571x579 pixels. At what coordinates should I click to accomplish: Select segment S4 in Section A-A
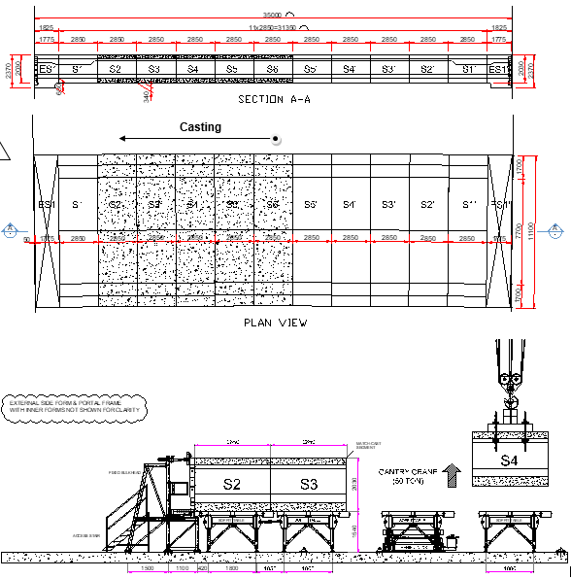tap(192, 69)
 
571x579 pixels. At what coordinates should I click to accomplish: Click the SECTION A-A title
tap(272, 99)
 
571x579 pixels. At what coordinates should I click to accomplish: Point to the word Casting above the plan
tap(200, 127)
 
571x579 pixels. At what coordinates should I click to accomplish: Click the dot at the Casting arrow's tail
tap(277, 139)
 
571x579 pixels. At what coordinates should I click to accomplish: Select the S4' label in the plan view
tap(350, 205)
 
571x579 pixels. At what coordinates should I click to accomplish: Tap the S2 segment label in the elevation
tap(231, 484)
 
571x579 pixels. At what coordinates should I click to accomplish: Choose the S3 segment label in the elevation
tap(309, 484)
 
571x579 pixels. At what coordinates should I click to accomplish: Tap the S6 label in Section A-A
tap(271, 69)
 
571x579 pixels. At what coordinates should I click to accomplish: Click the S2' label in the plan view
tap(427, 205)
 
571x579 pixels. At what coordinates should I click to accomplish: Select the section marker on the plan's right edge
tap(556, 231)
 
